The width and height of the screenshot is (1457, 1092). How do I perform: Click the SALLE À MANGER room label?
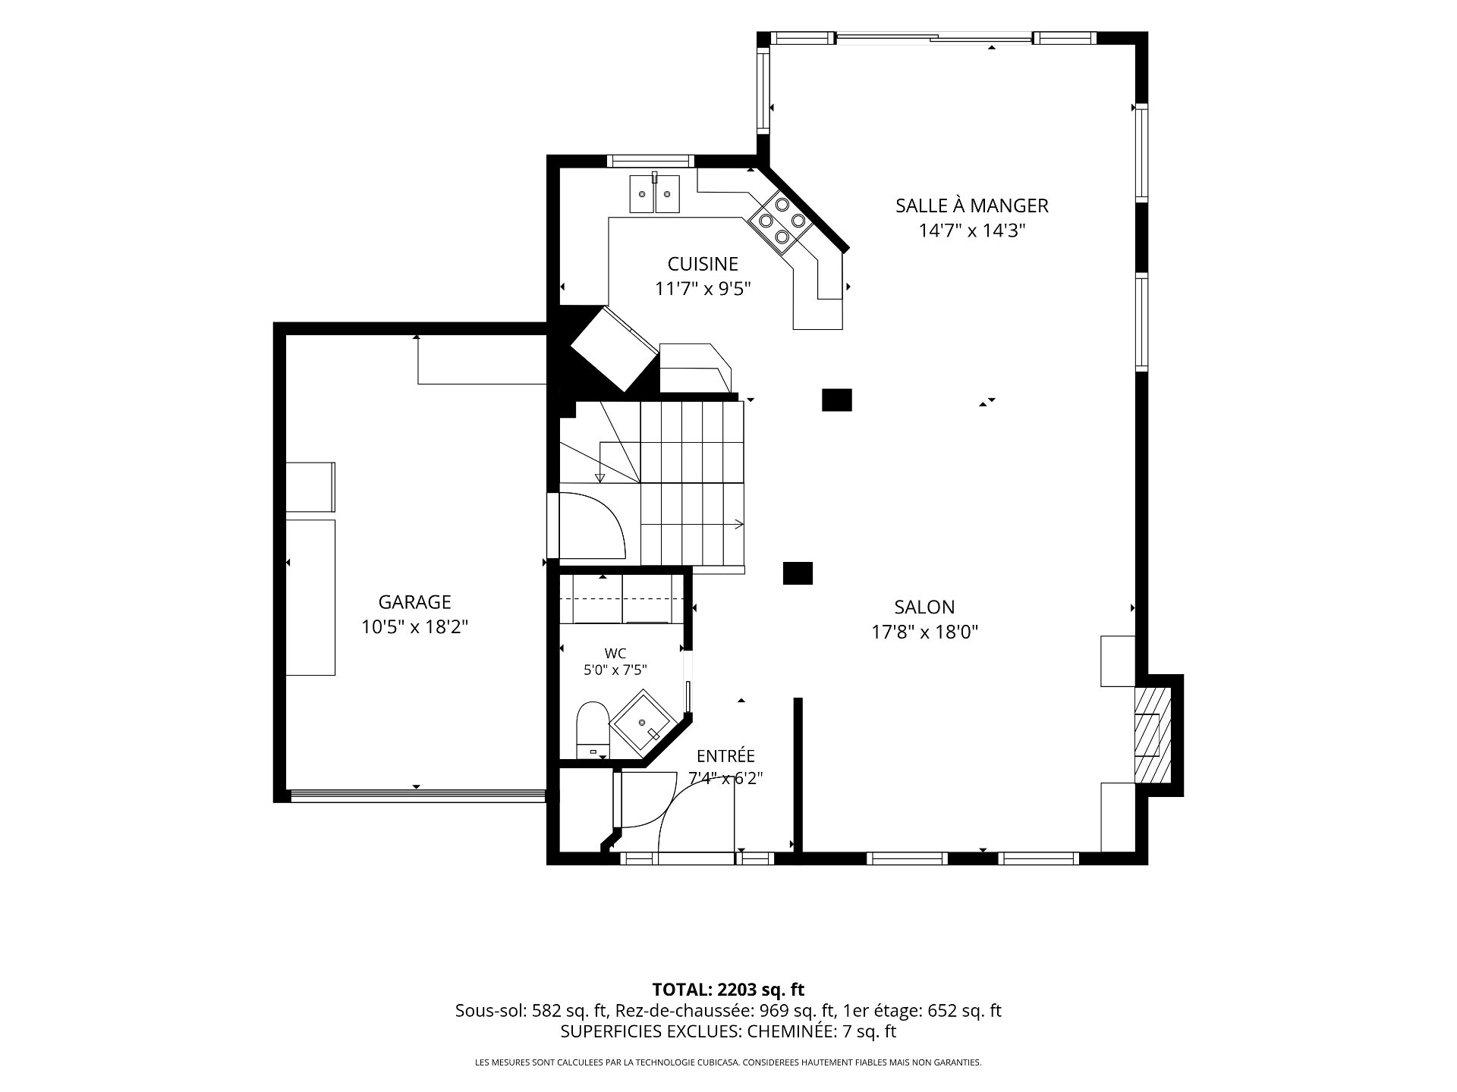(971, 206)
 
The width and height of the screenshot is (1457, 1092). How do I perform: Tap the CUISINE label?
(703, 264)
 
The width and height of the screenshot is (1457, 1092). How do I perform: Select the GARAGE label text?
(414, 602)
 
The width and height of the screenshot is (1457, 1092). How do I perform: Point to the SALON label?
(924, 607)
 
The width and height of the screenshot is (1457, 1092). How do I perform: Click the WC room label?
(615, 654)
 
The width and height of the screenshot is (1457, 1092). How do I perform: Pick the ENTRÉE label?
(725, 756)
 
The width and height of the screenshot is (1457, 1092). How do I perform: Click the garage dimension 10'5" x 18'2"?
(414, 627)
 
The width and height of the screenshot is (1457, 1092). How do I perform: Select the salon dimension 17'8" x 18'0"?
(924, 632)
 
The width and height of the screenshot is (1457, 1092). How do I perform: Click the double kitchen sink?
(654, 194)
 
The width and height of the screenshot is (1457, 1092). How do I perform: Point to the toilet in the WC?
(592, 730)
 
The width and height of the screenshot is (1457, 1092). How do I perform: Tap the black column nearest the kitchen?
(837, 400)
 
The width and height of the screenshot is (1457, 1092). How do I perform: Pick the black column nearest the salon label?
(798, 573)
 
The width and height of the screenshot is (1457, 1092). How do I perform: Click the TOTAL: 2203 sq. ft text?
(728, 990)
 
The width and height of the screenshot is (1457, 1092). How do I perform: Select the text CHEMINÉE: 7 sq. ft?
(822, 1031)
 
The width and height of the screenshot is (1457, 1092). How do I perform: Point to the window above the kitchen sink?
(651, 161)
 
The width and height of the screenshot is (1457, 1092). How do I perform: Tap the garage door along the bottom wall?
(417, 795)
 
